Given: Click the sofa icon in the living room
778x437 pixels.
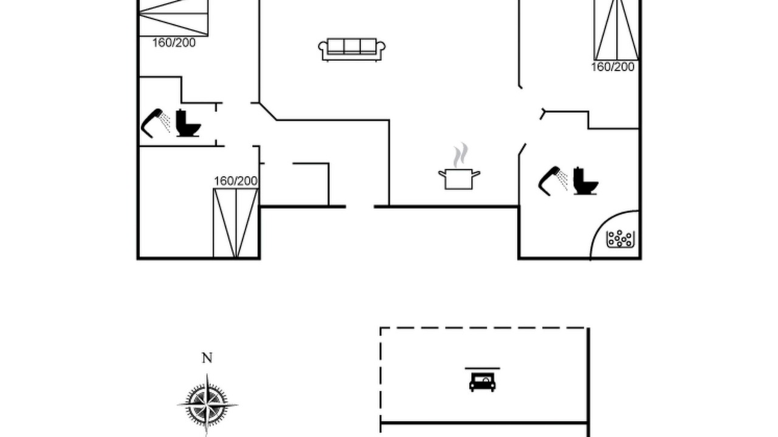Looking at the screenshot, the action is click(352, 50).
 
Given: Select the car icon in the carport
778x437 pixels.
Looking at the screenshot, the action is click(483, 382).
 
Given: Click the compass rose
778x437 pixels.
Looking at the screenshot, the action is click(207, 405).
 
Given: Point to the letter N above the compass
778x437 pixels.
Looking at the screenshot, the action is click(207, 357).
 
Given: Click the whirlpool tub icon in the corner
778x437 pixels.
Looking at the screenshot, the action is click(621, 239).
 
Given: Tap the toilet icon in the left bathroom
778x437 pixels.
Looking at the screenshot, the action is click(188, 123).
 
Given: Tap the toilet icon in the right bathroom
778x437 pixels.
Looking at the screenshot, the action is click(585, 181).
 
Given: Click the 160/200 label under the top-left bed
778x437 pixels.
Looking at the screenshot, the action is click(174, 43).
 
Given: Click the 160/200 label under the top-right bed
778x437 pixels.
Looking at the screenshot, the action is click(613, 67).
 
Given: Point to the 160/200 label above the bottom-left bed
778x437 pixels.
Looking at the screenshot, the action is click(236, 181).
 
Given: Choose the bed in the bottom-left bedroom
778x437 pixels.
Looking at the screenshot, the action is click(236, 223).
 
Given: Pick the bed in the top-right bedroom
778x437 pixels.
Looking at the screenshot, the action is click(617, 30).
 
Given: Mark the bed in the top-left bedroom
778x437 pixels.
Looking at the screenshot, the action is click(174, 18).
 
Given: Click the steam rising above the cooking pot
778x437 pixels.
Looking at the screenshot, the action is click(460, 155).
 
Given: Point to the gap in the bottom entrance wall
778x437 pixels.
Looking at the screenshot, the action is click(360, 207).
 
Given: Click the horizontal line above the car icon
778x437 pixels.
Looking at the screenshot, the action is click(483, 368).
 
